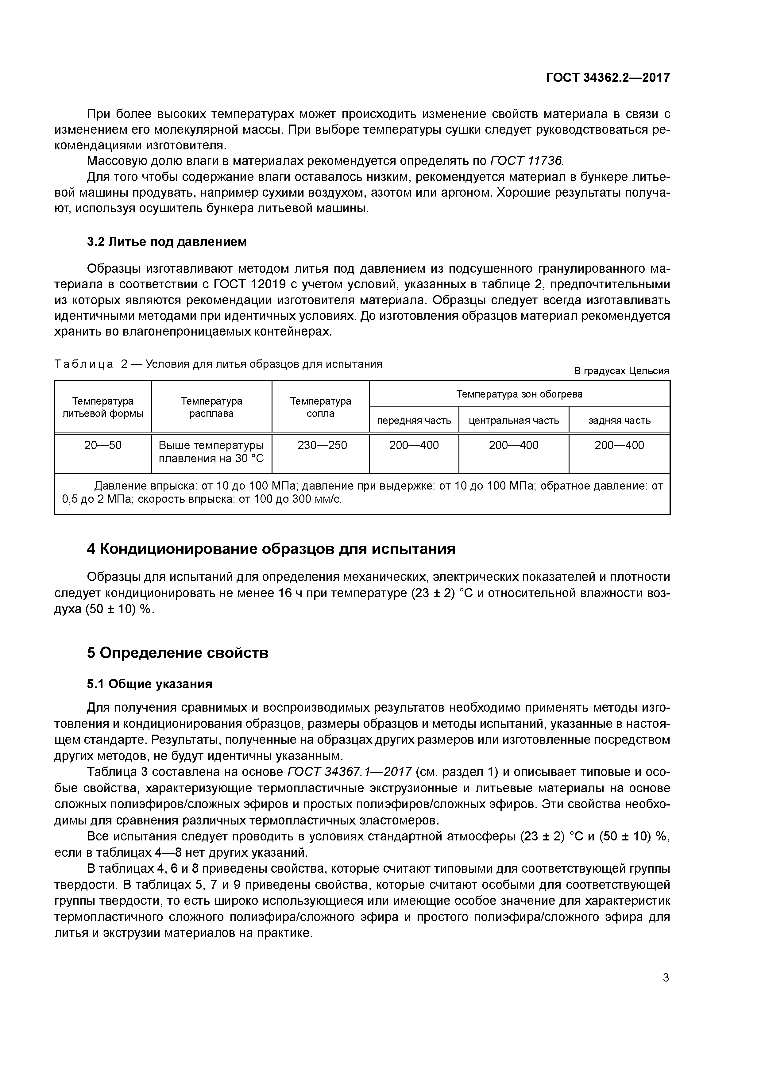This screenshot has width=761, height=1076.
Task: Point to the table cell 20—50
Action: pyautogui.click(x=103, y=445)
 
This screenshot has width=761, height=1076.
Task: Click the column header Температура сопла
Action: pyautogui.click(x=320, y=407)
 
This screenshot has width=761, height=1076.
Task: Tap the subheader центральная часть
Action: pyautogui.click(x=514, y=421)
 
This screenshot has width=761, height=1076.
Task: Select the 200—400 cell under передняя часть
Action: pyautogui.click(x=414, y=445)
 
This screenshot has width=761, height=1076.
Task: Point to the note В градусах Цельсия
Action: pyautogui.click(x=621, y=371)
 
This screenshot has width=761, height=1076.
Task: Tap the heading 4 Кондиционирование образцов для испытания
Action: pyautogui.click(x=271, y=549)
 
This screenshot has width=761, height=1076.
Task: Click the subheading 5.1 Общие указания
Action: pyautogui.click(x=149, y=684)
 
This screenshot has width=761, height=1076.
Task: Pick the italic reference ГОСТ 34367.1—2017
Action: pyautogui.click(x=349, y=771)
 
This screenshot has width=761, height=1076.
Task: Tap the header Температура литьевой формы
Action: pyautogui.click(x=103, y=407)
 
